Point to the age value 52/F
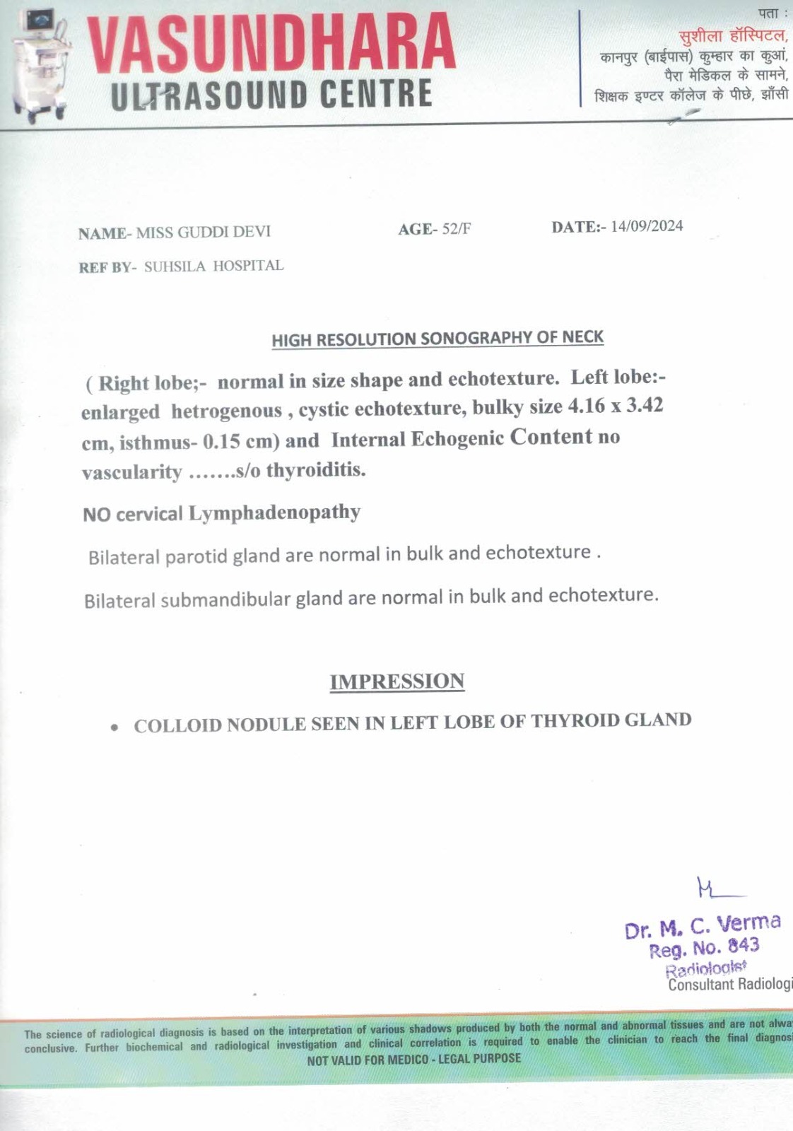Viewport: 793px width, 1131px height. [456, 228]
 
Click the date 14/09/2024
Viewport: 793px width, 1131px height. [647, 225]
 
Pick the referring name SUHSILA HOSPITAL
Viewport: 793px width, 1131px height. [213, 266]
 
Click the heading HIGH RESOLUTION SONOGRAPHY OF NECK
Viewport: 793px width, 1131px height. [437, 338]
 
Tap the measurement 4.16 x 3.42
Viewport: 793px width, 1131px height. [615, 406]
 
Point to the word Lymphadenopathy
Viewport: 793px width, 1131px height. [274, 512]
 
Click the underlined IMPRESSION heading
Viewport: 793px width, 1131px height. [397, 681]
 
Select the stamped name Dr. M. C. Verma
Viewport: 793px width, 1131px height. [703, 926]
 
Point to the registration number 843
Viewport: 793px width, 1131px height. [743, 945]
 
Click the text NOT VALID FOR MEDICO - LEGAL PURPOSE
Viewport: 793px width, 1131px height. [413, 1059]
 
